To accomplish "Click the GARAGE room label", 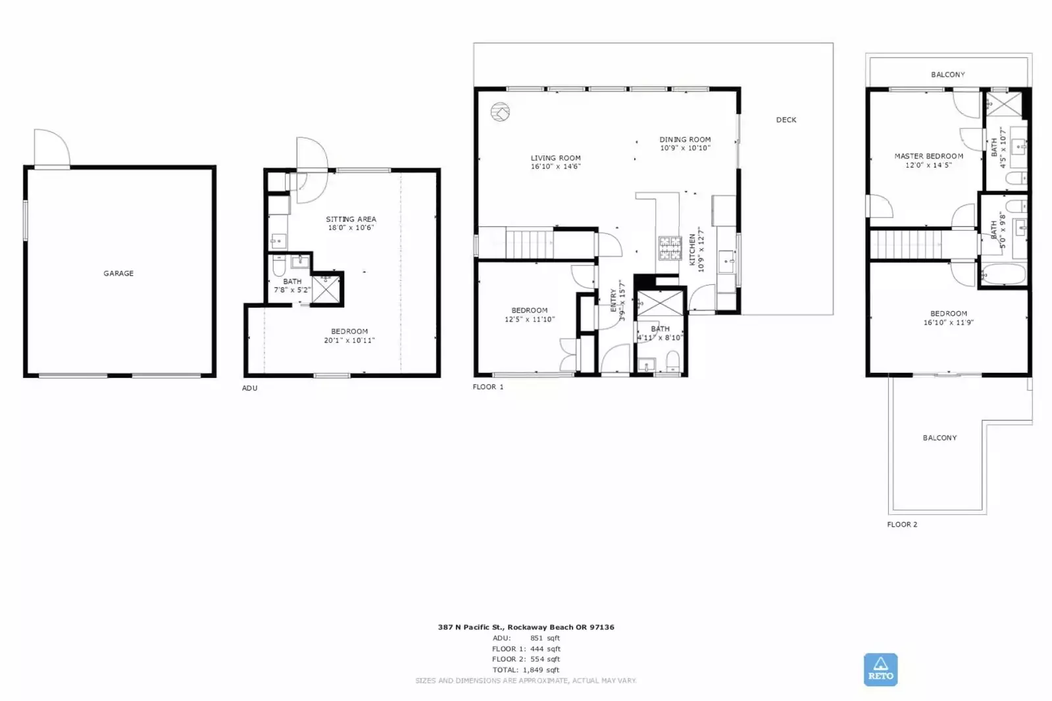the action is [x=118, y=274].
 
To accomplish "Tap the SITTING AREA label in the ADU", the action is [x=351, y=219].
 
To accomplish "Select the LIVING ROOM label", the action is [x=555, y=158].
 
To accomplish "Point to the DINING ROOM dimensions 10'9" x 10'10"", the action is [x=685, y=148].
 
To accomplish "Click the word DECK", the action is [x=786, y=120].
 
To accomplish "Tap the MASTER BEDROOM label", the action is [x=928, y=157].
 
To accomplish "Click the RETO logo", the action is [x=880, y=669].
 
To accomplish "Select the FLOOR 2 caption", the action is [x=902, y=525].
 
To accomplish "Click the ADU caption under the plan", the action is [x=249, y=388].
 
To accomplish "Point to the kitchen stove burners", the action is [x=670, y=248].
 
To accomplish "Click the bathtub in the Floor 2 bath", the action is [x=1003, y=274].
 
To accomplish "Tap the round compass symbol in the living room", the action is [x=500, y=112].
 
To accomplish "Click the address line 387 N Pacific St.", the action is [x=526, y=627].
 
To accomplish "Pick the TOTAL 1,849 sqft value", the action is [x=541, y=670].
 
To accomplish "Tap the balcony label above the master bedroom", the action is [x=948, y=75].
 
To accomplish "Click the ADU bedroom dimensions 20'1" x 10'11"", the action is [x=349, y=341].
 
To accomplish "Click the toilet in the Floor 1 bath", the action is [x=673, y=362].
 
